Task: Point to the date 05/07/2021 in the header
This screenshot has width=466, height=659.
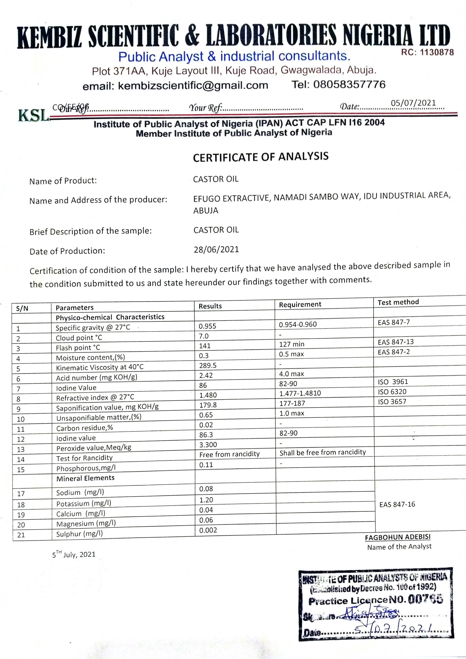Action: coord(413,103)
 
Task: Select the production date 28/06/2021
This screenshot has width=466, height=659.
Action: coord(216,249)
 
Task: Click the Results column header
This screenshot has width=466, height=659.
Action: coord(210,306)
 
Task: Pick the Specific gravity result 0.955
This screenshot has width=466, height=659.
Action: coord(207,326)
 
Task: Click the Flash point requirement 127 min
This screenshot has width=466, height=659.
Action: coord(292,344)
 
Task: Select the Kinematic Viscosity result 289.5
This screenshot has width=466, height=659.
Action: coord(208,365)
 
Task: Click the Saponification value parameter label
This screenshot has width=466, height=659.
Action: coord(107,407)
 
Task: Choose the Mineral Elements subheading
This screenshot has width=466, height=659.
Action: coord(85,478)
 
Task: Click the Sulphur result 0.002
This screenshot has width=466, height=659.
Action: coord(208,530)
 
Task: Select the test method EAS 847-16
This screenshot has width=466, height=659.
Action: coord(397,504)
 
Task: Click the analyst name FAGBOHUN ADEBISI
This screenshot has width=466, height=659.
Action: coord(398,537)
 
